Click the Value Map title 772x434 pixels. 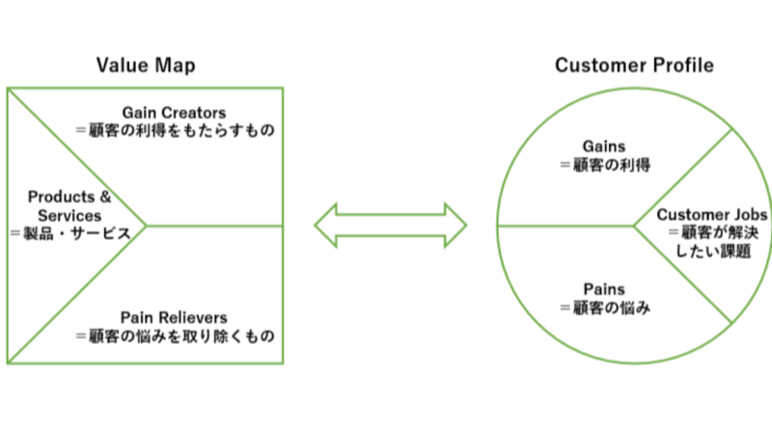pyautogui.click(x=145, y=65)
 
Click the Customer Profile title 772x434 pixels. pyautogui.click(x=634, y=66)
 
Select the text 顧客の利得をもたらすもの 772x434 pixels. pyautogui.click(x=177, y=128)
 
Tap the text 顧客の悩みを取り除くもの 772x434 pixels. pyautogui.click(x=177, y=337)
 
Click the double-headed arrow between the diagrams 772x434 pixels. pyautogui.click(x=390, y=228)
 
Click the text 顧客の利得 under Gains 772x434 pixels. pyautogui.click(x=605, y=165)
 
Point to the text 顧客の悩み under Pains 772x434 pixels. pyautogui.click(x=605, y=307)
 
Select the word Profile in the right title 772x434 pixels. pyautogui.click(x=684, y=66)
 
